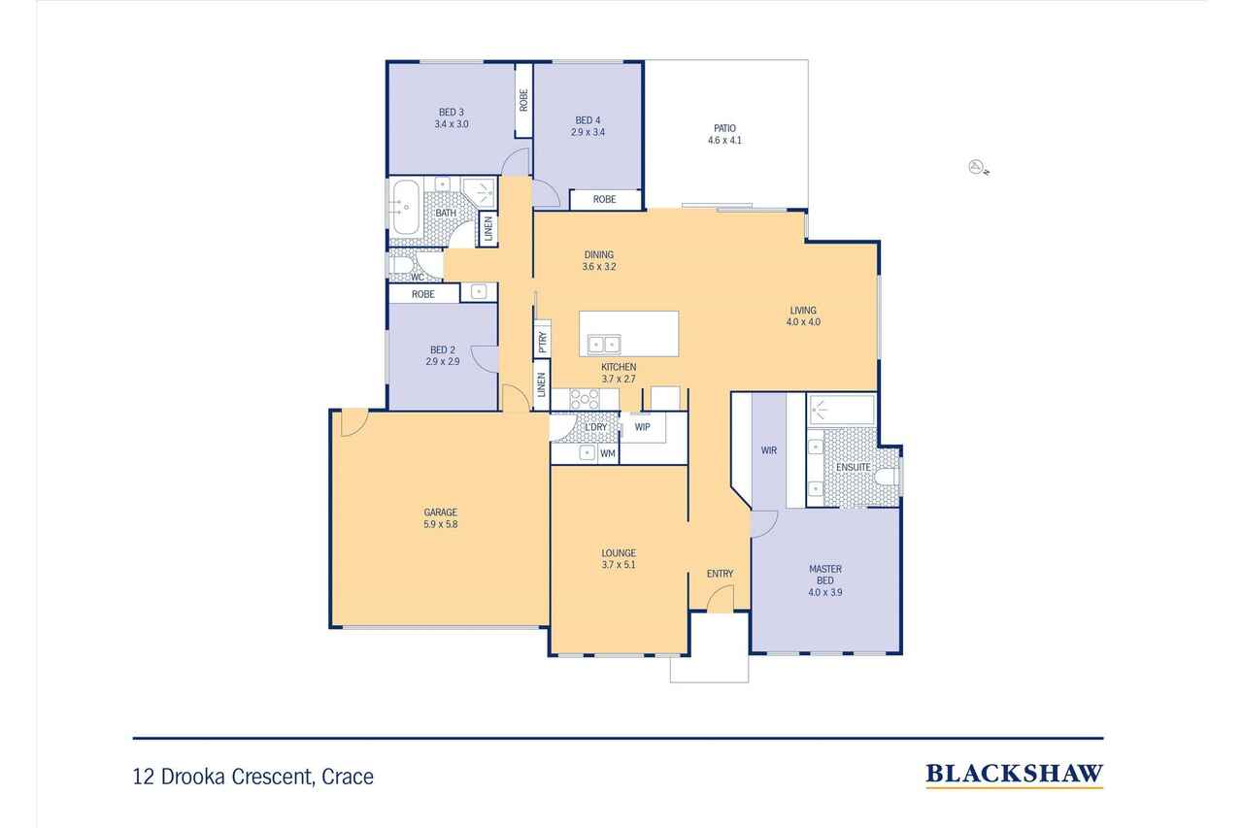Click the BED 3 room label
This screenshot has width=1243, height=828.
point(451,112)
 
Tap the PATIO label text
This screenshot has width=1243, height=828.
point(724,128)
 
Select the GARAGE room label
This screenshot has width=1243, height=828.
point(441,512)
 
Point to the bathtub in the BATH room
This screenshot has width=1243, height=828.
point(406,208)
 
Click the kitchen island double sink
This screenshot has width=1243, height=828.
point(604,345)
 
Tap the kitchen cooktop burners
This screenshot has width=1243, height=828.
point(585,399)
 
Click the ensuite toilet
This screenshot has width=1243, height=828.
point(888,477)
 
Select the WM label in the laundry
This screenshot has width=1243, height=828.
point(608,453)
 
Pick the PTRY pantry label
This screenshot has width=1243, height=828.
point(543,342)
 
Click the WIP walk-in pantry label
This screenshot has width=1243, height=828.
point(642,427)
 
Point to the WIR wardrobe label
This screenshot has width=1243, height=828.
point(768,450)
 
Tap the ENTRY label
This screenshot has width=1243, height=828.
point(720,574)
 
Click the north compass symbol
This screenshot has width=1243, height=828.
point(978,167)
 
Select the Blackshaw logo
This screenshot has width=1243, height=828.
point(1015,776)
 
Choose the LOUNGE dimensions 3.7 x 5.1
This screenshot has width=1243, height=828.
point(619,565)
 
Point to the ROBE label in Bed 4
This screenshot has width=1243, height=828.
point(604,199)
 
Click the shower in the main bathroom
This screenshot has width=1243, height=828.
point(479,192)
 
